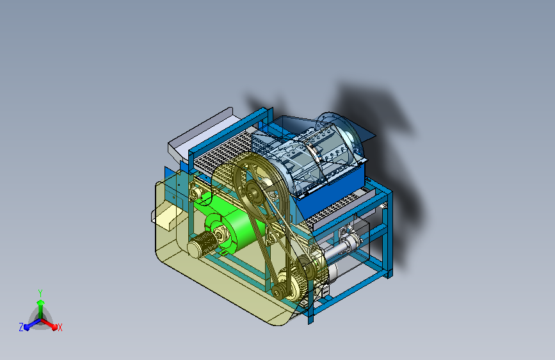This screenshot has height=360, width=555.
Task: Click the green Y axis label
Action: [x=40, y=293]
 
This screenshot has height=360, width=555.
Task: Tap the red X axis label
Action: [x=60, y=327]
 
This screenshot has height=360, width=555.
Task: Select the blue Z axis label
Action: [x=21, y=327]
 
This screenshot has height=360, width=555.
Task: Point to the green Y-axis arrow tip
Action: [x=40, y=302]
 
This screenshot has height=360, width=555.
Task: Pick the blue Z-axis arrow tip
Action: [x=26, y=327]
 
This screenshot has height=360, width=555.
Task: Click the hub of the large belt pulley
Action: [x=253, y=193]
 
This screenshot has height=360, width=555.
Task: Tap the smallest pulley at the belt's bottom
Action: [x=278, y=291]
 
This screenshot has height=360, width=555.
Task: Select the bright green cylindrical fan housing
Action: [x=230, y=227]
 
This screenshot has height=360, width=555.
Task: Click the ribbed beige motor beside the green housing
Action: [x=202, y=245]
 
